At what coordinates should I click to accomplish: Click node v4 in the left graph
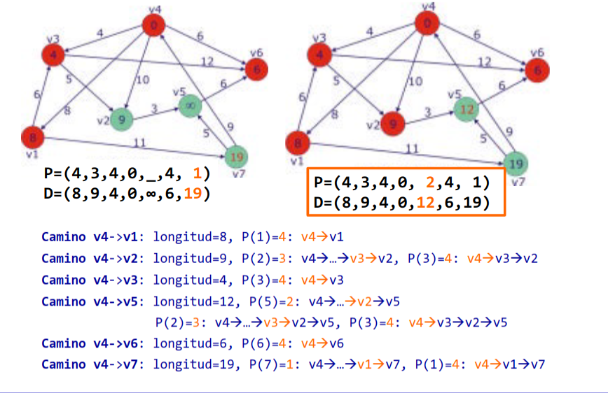[x=153, y=27]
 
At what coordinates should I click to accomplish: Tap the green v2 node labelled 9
[x=122, y=119]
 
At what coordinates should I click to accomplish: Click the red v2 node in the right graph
[x=394, y=124]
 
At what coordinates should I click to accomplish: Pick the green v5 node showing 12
[x=467, y=108]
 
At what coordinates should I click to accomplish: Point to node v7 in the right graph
[x=516, y=164]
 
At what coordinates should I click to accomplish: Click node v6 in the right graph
[x=537, y=70]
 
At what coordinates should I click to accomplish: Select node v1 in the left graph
[x=32, y=136]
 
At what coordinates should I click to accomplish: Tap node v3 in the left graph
[x=53, y=53]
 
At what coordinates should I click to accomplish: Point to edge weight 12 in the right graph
[x=484, y=63]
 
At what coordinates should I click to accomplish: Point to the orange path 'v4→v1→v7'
[x=509, y=364]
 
